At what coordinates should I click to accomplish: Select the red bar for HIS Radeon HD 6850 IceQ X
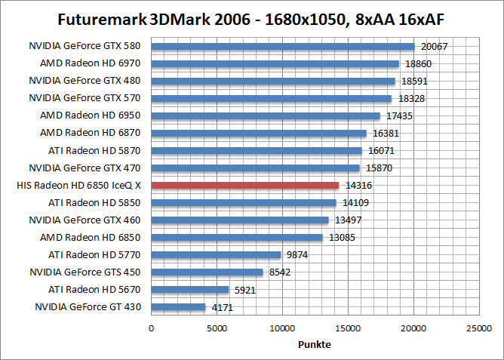245,185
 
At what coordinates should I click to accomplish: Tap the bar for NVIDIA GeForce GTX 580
283,46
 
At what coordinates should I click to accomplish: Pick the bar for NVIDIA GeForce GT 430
179,307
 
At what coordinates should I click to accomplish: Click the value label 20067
435,47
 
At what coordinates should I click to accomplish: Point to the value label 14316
358,186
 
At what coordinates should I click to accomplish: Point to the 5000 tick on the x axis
217,328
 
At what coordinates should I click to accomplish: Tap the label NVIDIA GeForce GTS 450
85,272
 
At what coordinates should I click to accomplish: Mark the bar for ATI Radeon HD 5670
190,290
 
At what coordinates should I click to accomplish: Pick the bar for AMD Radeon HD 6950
266,115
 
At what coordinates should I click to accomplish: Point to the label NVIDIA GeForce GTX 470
85,168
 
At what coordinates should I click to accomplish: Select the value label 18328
410,99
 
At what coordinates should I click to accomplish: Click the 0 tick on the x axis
152,328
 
